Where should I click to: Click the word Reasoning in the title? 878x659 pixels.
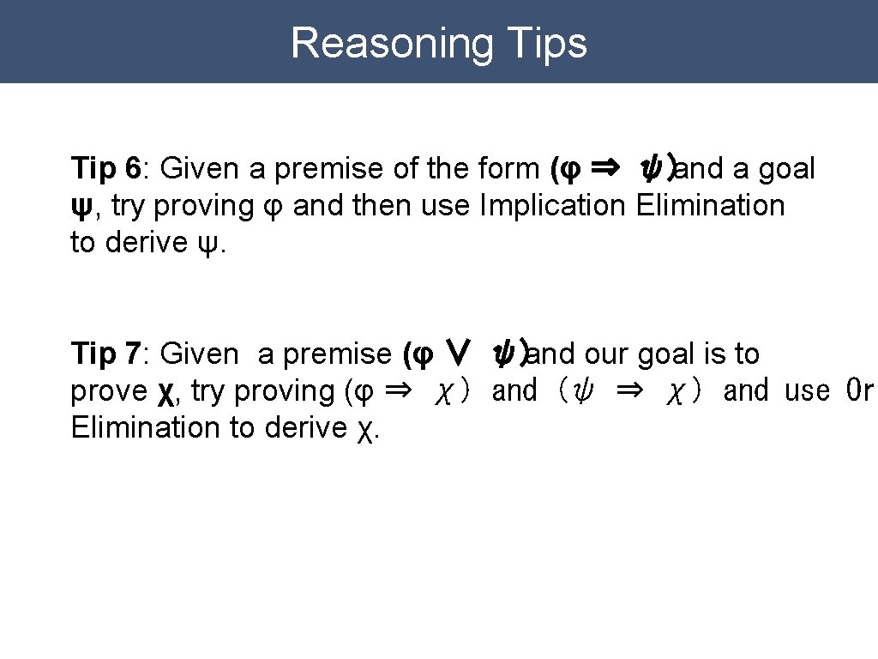point(392,43)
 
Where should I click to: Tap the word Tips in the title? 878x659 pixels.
point(547,43)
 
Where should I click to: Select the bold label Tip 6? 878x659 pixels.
point(105,169)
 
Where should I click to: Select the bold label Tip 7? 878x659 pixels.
point(105,354)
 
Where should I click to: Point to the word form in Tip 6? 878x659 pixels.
point(512,169)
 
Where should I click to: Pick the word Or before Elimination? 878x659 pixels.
point(859,391)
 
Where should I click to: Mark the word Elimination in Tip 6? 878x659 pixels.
point(711,206)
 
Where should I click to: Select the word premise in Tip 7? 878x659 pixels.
point(337,354)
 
